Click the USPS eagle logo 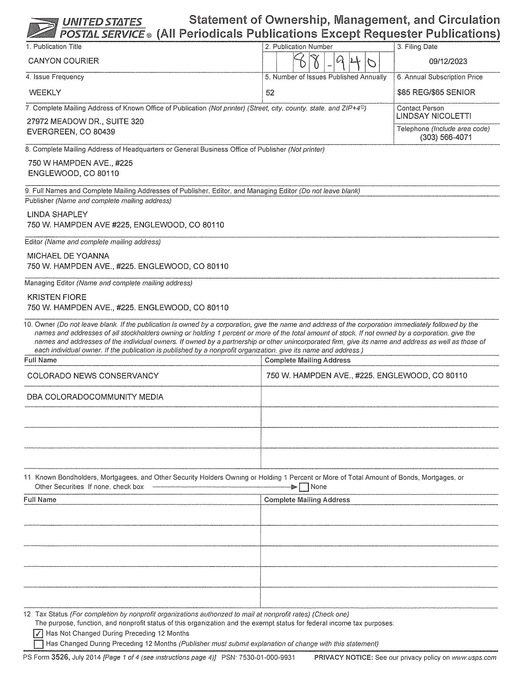[42, 28]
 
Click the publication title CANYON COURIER [63, 61]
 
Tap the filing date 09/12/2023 [448, 61]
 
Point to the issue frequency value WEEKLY [45, 92]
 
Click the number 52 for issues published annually [270, 93]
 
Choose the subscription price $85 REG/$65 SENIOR [436, 92]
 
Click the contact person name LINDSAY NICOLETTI [434, 116]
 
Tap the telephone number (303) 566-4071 [445, 137]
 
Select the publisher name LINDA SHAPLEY [57, 214]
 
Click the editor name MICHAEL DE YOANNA [68, 256]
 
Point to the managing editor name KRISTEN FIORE [57, 297]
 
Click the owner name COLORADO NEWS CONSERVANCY [93, 376]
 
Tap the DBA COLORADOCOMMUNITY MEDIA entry [95, 397]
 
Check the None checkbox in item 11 [304, 488]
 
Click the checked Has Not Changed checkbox [39, 633]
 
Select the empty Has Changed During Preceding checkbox [39, 644]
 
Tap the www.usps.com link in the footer [474, 658]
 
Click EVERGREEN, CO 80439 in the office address [71, 132]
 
